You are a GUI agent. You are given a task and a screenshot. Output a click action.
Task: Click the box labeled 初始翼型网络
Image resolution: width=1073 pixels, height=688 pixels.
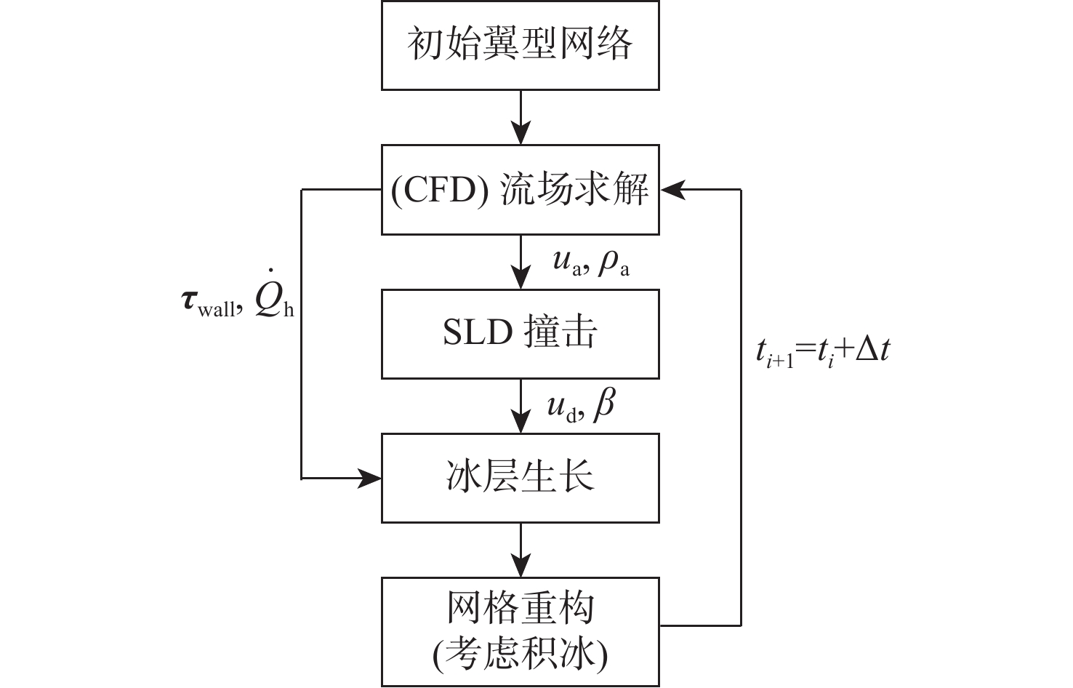[x=520, y=45]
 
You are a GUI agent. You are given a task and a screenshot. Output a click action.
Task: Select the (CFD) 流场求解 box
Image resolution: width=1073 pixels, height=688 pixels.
[x=520, y=190]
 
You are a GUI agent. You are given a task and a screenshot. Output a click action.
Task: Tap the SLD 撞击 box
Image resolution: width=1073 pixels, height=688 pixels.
[x=520, y=334]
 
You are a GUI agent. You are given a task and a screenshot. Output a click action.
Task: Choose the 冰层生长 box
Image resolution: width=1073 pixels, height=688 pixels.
[x=520, y=478]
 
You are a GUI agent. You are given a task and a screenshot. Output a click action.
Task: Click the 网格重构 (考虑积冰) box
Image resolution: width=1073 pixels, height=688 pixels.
[x=520, y=631]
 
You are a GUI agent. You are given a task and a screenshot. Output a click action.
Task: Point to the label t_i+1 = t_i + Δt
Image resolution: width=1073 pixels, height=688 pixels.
[x=822, y=352]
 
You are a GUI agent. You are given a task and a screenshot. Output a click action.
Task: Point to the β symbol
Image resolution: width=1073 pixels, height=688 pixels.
[x=603, y=406]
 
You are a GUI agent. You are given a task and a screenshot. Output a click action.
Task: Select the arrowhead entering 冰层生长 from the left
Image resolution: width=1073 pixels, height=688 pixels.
[x=371, y=478]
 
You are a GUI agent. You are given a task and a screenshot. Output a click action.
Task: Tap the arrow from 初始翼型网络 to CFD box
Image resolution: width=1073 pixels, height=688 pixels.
[x=521, y=118]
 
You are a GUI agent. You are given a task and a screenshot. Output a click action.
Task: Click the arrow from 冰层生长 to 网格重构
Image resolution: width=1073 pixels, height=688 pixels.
[x=521, y=551]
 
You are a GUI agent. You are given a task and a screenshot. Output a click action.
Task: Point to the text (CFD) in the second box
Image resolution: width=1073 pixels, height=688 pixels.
[x=439, y=191]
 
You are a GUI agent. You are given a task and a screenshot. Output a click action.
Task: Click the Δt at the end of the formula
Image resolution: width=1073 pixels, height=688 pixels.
[x=873, y=351]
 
